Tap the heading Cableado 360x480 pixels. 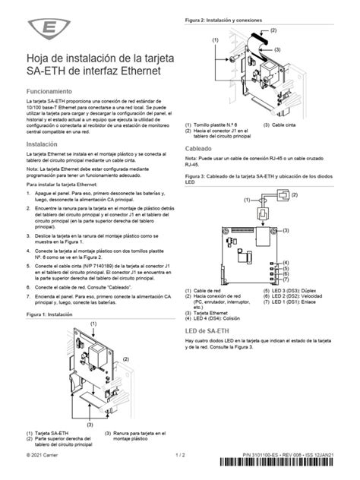click(199, 148)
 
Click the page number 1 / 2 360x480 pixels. click(180, 455)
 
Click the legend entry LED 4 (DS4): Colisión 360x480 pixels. click(226, 318)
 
